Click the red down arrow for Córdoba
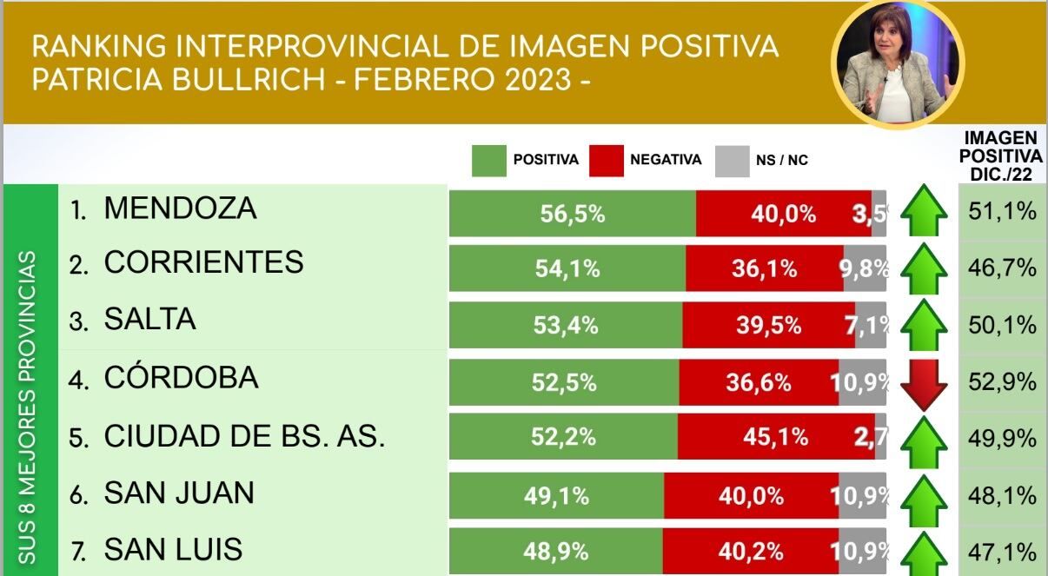(x=924, y=383)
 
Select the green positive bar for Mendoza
(x=572, y=214)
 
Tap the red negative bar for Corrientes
(x=763, y=268)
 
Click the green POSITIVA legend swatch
(x=488, y=160)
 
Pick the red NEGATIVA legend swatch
(x=606, y=160)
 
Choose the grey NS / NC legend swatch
(x=732, y=160)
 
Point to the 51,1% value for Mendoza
(x=1002, y=210)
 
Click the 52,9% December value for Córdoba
(x=1002, y=381)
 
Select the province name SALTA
(x=149, y=320)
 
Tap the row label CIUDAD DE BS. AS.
(x=243, y=437)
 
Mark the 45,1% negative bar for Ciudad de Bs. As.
(x=764, y=437)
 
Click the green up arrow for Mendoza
(x=924, y=214)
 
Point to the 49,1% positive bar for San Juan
(x=556, y=496)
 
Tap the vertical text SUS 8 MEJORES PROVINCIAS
(x=29, y=408)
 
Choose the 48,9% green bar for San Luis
(x=555, y=551)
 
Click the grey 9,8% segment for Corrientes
(x=863, y=268)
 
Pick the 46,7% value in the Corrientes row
(x=1002, y=268)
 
